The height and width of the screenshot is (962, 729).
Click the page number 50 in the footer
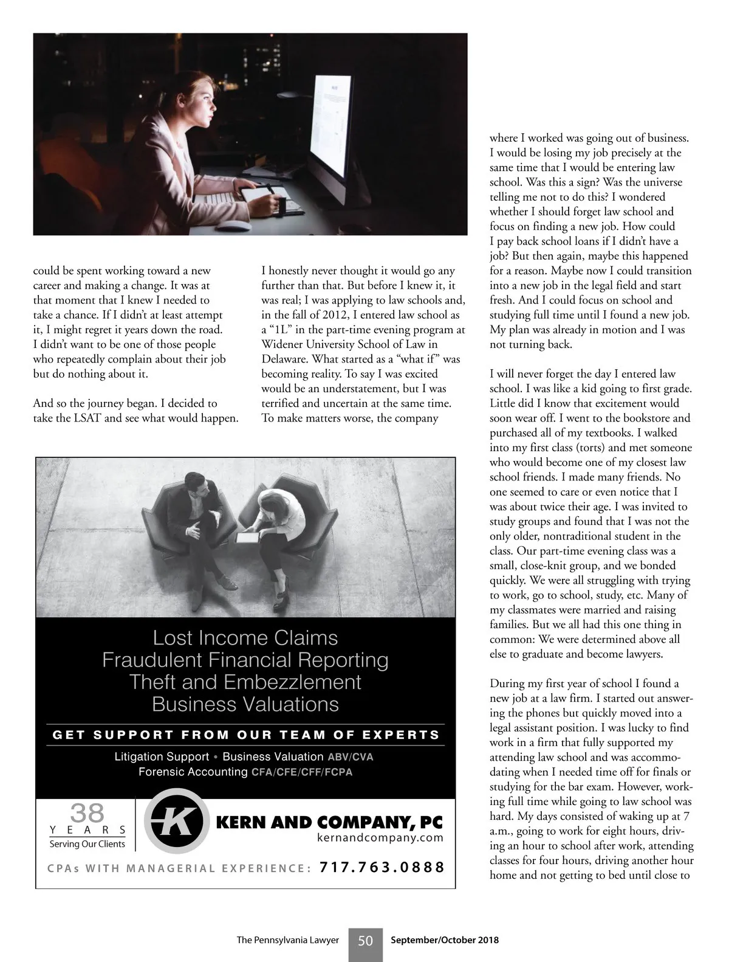click(365, 941)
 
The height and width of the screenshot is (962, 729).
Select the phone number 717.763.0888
click(382, 867)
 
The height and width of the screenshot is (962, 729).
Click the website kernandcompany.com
click(380, 838)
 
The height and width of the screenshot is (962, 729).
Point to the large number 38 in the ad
click(87, 812)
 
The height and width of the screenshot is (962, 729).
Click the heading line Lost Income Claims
click(245, 638)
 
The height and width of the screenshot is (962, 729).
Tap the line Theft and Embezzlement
click(245, 682)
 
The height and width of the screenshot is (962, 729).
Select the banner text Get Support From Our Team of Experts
click(246, 735)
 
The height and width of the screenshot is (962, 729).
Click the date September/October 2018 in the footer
click(445, 940)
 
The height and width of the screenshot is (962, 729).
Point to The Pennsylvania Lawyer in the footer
click(287, 940)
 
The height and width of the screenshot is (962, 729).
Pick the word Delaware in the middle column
click(282, 359)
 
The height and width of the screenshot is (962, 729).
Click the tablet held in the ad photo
click(247, 537)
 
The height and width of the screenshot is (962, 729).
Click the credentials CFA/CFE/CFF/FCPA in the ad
click(302, 772)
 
